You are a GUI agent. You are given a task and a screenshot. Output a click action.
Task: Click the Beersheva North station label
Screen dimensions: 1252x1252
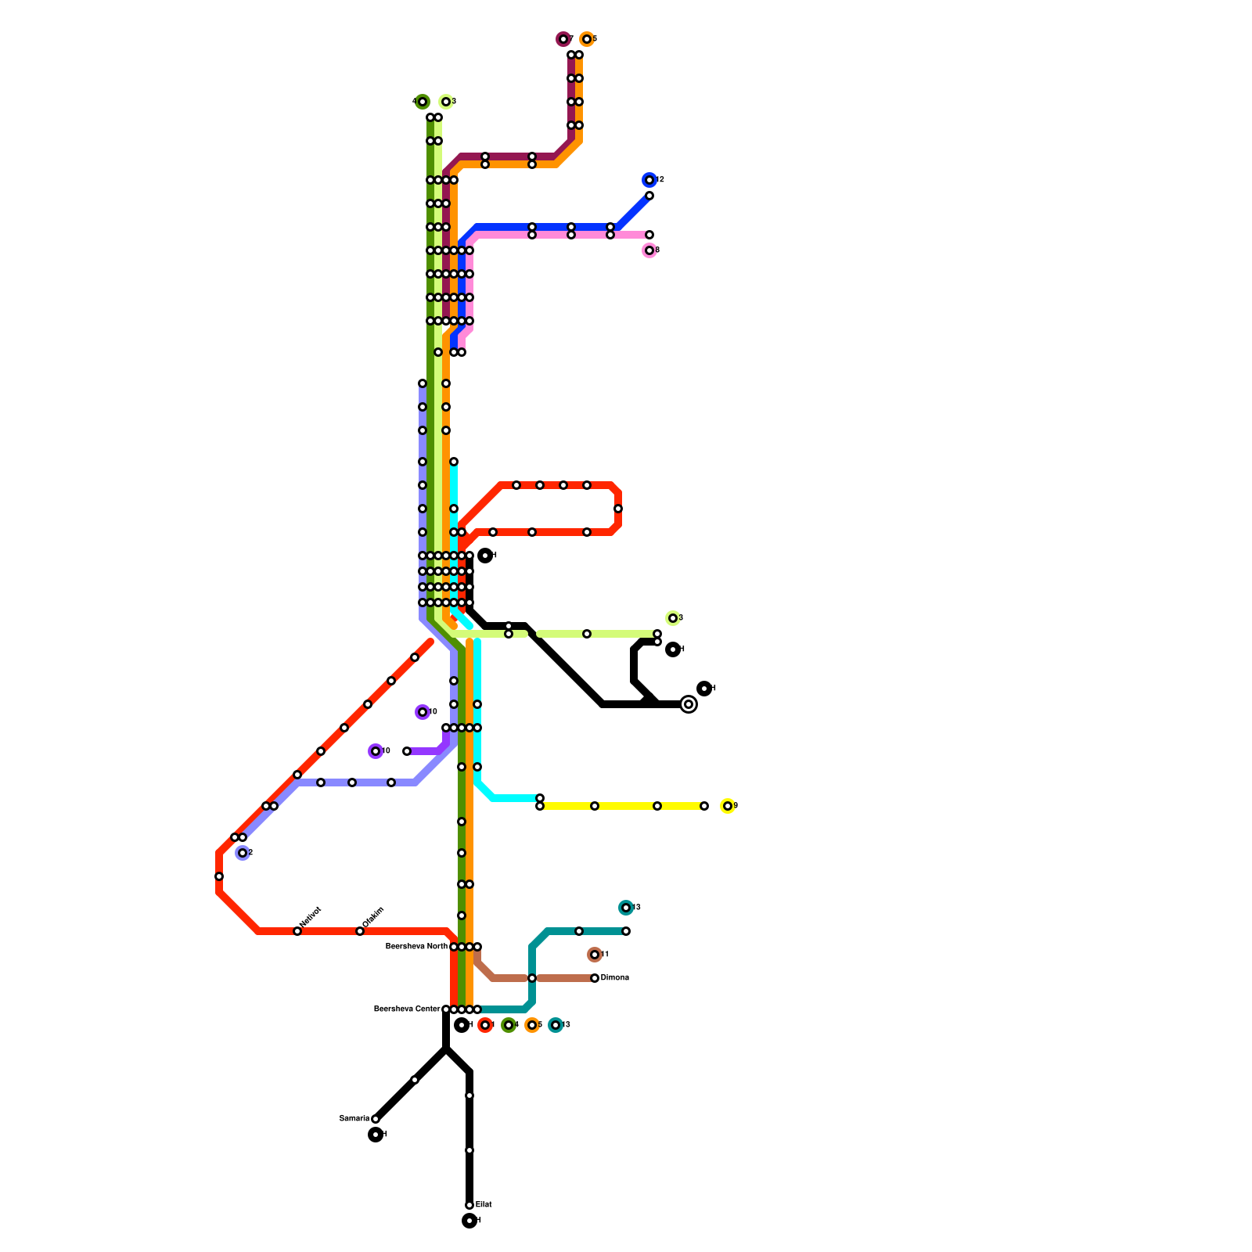(x=416, y=947)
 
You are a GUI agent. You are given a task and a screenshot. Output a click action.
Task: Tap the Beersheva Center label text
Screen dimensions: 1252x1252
(x=407, y=1009)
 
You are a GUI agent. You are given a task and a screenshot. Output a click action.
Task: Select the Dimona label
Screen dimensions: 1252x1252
(x=614, y=978)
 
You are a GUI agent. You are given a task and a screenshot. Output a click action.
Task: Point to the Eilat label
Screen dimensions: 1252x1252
(x=484, y=1205)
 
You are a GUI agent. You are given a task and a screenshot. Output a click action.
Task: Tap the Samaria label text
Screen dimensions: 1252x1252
(x=354, y=1119)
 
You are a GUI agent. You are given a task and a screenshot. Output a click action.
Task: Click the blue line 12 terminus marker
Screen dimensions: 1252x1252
(x=649, y=180)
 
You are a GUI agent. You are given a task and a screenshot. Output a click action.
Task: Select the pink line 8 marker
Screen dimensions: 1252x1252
(x=649, y=250)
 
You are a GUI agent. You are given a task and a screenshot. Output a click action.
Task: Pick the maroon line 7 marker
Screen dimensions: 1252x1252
(x=563, y=39)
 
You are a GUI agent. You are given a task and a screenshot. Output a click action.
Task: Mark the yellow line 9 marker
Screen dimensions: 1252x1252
(x=728, y=806)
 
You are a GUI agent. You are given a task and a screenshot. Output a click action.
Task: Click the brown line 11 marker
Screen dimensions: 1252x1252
(x=595, y=955)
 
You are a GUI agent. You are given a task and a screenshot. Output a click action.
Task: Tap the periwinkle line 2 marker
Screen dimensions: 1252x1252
(x=243, y=853)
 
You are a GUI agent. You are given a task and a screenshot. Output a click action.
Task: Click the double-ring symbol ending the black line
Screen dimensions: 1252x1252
(x=689, y=704)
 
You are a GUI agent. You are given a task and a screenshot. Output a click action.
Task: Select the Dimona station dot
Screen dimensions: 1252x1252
(x=595, y=978)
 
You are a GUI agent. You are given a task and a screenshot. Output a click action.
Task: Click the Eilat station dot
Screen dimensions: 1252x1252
(x=469, y=1205)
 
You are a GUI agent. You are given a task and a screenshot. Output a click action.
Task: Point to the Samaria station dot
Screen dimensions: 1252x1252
(x=376, y=1119)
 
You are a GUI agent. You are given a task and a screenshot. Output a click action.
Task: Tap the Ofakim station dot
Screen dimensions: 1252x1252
(x=360, y=931)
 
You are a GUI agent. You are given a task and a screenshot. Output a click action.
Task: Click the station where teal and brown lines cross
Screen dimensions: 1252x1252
(x=532, y=978)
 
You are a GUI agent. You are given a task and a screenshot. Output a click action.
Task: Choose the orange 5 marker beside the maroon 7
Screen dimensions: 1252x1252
(x=587, y=39)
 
